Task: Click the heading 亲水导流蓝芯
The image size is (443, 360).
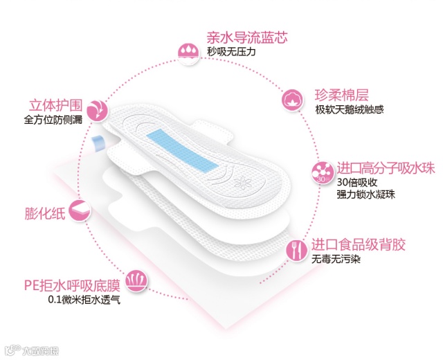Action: [246, 37]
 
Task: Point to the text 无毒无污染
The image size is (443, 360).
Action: [336, 259]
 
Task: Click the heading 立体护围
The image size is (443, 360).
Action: [56, 106]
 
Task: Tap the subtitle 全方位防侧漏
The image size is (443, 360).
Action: [53, 120]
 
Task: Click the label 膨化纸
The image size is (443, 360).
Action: [45, 213]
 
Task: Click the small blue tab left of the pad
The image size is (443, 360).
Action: [98, 143]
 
